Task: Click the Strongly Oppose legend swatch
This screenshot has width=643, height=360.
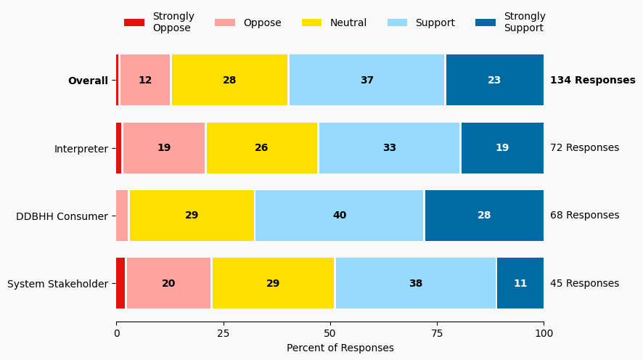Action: (x=134, y=22)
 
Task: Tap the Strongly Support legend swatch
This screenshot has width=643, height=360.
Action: (x=486, y=22)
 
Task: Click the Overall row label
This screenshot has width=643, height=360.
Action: (x=88, y=81)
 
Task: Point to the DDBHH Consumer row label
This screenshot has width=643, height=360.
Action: (x=62, y=216)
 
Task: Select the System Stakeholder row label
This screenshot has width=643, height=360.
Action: (x=57, y=284)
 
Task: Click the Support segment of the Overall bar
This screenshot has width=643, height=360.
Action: (x=367, y=81)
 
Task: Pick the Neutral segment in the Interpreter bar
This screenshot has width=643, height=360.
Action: (x=262, y=148)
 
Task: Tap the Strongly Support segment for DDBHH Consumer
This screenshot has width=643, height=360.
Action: (x=484, y=216)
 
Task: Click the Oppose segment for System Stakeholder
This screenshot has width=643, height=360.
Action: (x=168, y=284)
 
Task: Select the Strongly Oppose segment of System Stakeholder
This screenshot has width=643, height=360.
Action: (x=120, y=284)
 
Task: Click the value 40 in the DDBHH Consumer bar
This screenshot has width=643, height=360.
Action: (x=340, y=216)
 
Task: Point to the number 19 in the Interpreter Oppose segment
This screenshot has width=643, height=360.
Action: (x=164, y=148)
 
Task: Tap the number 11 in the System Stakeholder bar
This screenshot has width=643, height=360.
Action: (x=520, y=284)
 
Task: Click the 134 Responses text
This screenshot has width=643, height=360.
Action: (x=592, y=81)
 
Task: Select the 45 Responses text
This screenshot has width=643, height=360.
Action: (x=584, y=284)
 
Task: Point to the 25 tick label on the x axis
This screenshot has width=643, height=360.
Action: (x=223, y=333)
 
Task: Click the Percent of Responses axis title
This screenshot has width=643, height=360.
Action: (x=340, y=348)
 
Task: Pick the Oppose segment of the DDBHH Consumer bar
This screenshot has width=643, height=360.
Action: (x=122, y=216)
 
